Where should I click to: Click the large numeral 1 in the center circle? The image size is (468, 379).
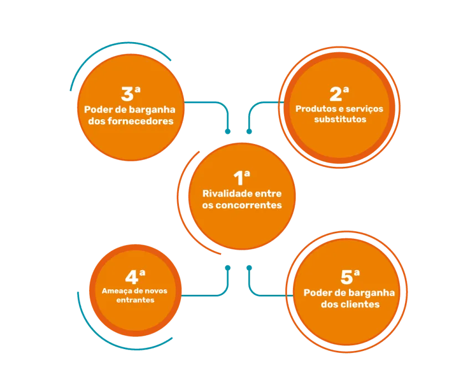click(238, 178)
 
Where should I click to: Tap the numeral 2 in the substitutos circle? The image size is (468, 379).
click(336, 94)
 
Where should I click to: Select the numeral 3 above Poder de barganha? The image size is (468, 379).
click(127, 94)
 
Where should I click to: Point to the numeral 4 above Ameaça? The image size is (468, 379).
click(132, 277)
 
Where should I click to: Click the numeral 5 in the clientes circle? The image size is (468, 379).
click(347, 277)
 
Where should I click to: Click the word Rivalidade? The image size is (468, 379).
click(224, 193)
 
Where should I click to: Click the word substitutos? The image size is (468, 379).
click(340, 119)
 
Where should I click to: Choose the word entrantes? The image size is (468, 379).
click(135, 300)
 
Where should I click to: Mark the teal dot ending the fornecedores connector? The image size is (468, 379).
click(228, 131)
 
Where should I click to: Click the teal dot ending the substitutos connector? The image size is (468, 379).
click(249, 131)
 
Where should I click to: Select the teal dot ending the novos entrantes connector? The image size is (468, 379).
click(228, 268)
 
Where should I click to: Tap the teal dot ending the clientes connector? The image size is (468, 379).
click(249, 268)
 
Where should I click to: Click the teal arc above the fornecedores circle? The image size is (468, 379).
click(105, 48)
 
